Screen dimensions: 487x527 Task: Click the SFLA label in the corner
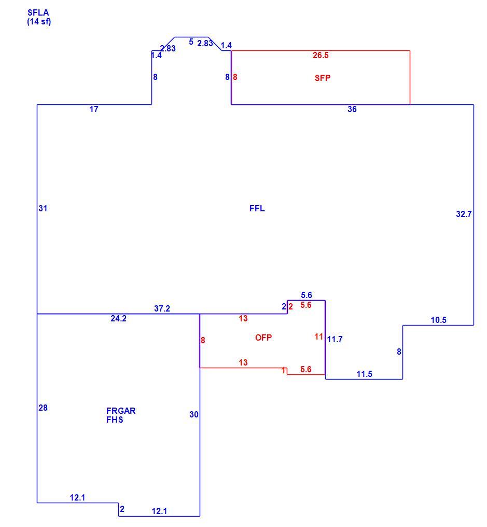(x=38, y=13)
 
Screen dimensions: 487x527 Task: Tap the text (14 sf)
(x=39, y=22)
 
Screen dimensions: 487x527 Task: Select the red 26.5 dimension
(x=321, y=56)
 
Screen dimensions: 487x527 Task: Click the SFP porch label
(x=323, y=78)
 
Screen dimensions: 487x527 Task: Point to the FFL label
(x=257, y=208)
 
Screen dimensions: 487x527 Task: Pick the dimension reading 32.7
(x=464, y=214)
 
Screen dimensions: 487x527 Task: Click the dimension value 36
(x=352, y=109)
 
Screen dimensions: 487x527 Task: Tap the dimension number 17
(x=94, y=109)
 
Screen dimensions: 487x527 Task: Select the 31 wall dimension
(x=43, y=208)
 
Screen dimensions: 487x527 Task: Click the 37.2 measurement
(x=162, y=308)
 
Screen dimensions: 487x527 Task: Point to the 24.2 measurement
(x=118, y=318)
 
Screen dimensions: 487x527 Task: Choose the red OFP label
(x=263, y=337)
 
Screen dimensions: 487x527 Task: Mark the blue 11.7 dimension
(x=335, y=340)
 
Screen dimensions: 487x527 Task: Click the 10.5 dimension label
(x=439, y=320)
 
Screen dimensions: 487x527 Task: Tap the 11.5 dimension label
(x=365, y=374)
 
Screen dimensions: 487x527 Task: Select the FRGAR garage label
(x=121, y=411)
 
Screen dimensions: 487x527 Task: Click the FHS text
(x=115, y=420)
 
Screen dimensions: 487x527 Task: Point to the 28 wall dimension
(x=43, y=408)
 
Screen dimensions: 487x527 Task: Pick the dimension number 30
(x=194, y=414)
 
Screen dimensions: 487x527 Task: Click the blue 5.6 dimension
(x=307, y=295)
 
